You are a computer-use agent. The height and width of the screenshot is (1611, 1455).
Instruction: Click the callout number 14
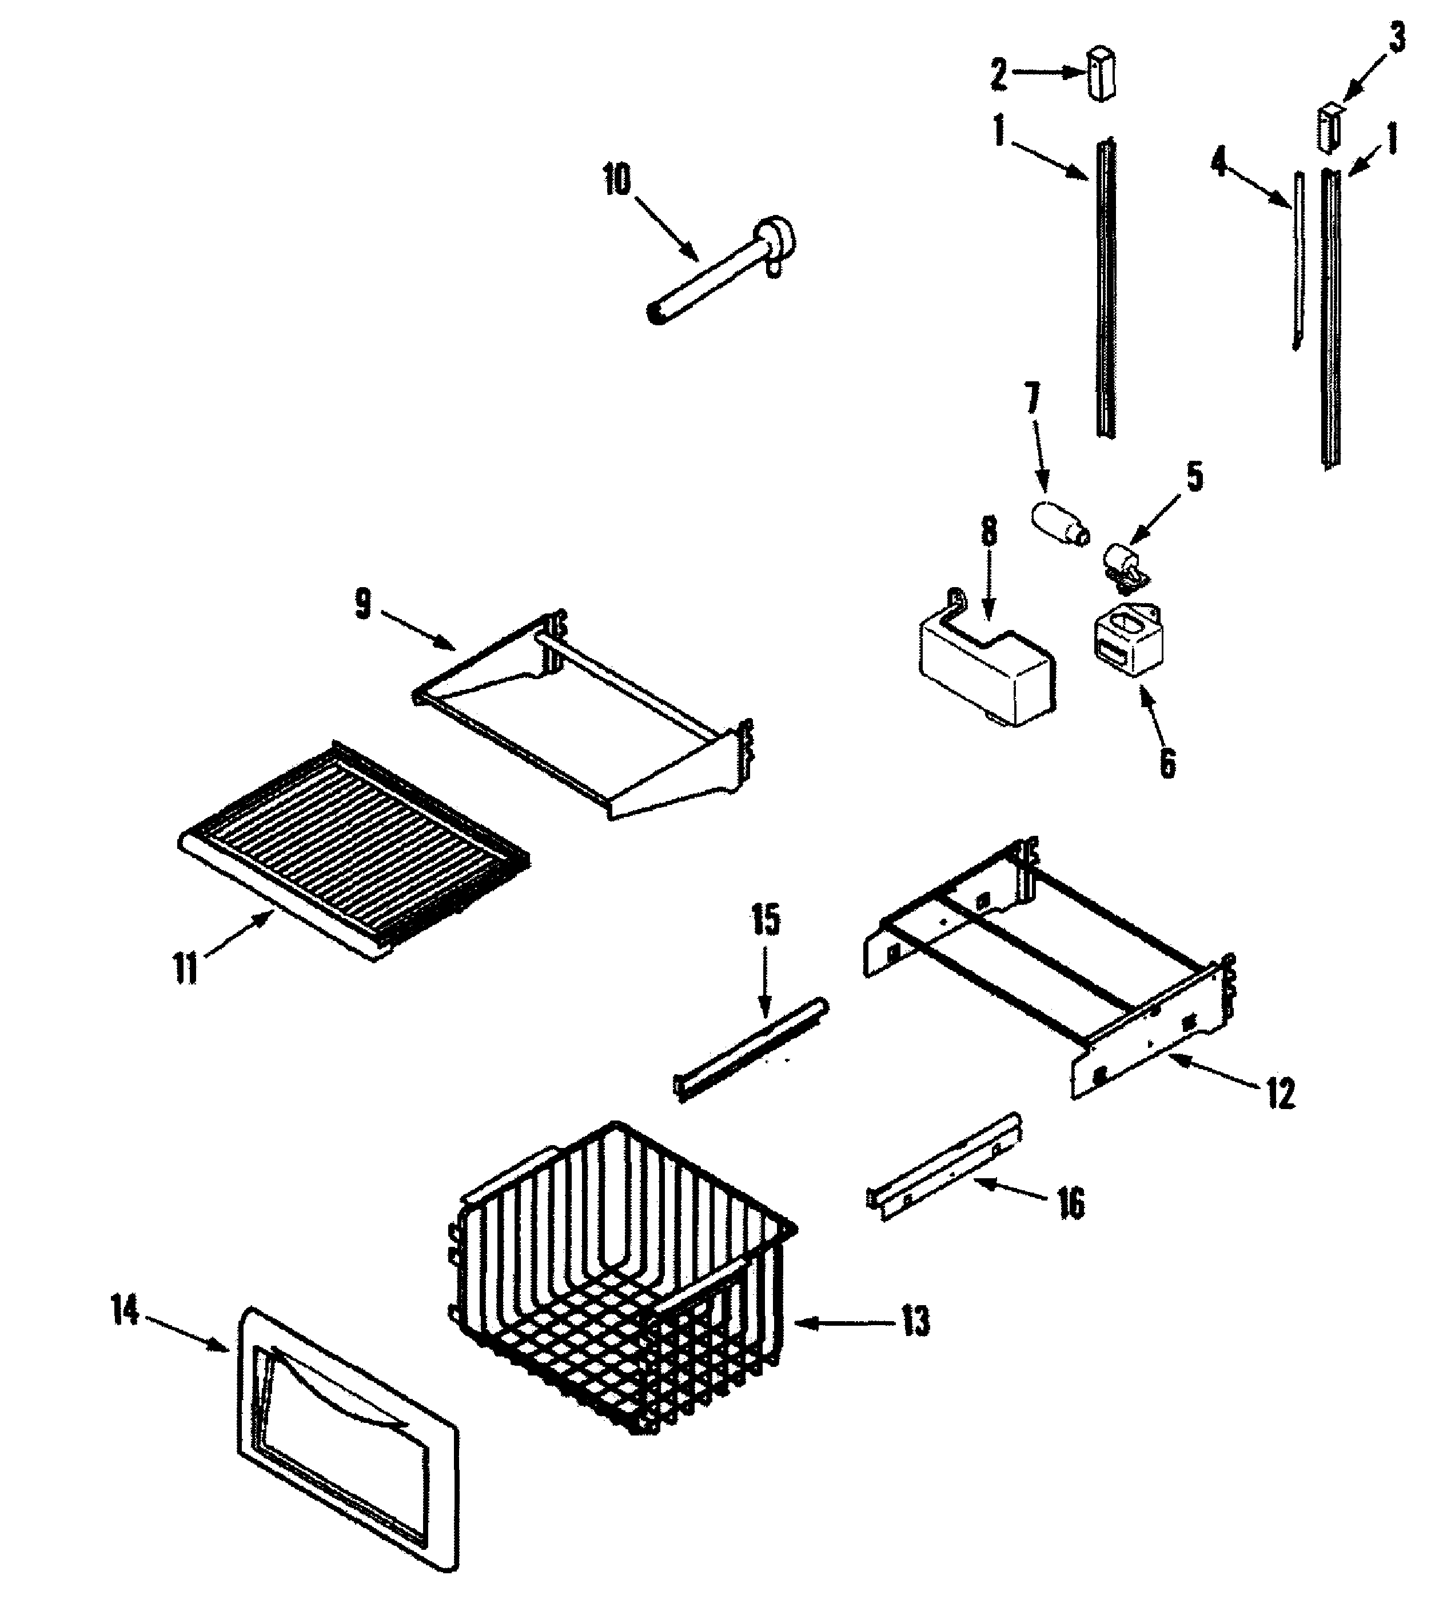(x=125, y=1311)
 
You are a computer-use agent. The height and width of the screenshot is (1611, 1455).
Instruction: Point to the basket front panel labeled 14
(x=348, y=1438)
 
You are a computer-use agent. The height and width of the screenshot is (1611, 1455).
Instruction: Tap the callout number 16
(x=1071, y=1203)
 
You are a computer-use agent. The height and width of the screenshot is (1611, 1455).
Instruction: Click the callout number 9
(x=363, y=605)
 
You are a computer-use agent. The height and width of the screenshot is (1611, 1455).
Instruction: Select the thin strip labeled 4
(x=1298, y=260)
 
